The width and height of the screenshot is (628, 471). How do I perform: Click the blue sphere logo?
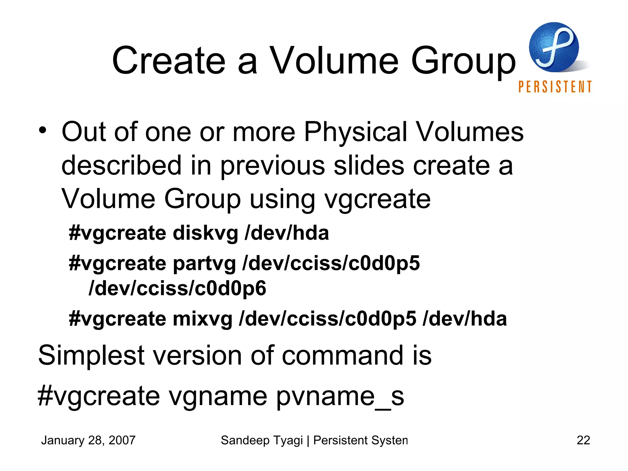click(554, 47)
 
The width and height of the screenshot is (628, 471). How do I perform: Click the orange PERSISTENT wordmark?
click(555, 87)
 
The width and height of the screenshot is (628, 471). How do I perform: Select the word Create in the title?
click(169, 60)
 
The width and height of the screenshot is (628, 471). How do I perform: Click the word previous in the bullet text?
click(272, 166)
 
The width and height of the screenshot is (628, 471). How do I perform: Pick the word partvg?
click(204, 264)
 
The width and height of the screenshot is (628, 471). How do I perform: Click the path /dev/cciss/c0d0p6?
click(177, 288)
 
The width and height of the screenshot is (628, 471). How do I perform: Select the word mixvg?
click(202, 319)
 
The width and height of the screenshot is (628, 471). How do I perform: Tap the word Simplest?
click(91, 356)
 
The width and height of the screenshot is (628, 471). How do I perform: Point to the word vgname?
click(218, 396)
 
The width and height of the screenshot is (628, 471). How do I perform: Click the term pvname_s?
click(340, 396)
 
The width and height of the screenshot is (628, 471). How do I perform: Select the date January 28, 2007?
click(88, 440)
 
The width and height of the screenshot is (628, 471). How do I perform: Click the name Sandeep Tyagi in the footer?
click(262, 440)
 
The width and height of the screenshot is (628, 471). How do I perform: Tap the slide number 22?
click(583, 440)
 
